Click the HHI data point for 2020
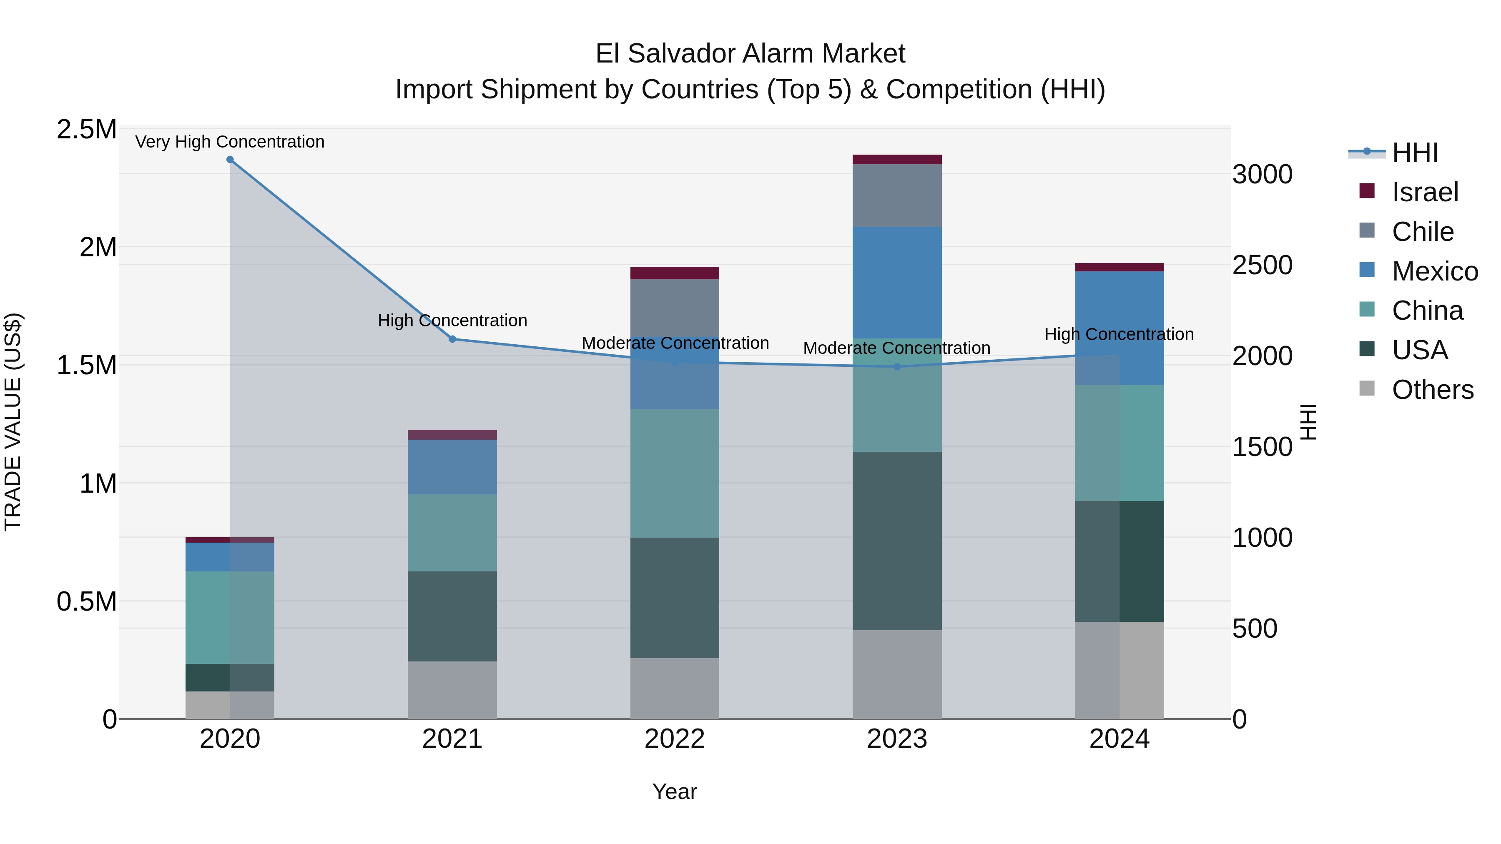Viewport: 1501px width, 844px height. [x=230, y=160]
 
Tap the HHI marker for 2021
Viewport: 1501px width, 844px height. [x=452, y=339]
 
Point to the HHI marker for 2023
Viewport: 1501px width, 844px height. [x=897, y=367]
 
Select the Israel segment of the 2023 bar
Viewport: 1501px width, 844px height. [x=897, y=160]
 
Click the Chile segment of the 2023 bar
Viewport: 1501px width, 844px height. [x=897, y=196]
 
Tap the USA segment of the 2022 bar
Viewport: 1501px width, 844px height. [x=675, y=598]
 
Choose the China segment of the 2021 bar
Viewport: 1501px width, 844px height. [x=452, y=533]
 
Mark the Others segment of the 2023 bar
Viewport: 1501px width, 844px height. [x=897, y=674]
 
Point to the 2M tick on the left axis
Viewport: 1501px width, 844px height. [x=98, y=248]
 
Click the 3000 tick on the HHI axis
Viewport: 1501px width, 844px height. [x=1262, y=175]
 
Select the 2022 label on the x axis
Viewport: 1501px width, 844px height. [x=675, y=739]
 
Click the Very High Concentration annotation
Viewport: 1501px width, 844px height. [x=230, y=142]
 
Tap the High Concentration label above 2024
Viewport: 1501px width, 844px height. [x=1119, y=334]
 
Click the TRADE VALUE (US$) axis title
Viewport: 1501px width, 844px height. [x=13, y=422]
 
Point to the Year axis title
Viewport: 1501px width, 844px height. [x=675, y=791]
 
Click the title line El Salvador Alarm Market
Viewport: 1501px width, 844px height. [x=750, y=54]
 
